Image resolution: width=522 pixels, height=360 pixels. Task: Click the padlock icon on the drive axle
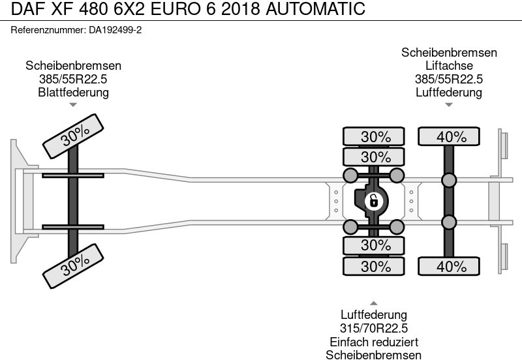(x=374, y=200)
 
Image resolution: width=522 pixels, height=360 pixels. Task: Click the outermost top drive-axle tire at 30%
(x=375, y=137)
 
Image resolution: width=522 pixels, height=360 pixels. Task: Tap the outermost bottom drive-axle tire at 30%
(x=375, y=266)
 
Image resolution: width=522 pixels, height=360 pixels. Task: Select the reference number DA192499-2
(x=115, y=30)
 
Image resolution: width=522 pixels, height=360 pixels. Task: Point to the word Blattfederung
(x=73, y=92)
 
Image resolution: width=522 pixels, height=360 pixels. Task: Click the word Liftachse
(x=449, y=66)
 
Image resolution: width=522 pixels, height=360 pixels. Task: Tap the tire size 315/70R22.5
(x=374, y=328)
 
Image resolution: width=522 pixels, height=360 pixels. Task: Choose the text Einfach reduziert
(x=374, y=342)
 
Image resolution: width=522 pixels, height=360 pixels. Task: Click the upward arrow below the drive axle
(x=374, y=303)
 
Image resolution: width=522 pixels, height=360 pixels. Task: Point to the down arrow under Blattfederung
(x=73, y=104)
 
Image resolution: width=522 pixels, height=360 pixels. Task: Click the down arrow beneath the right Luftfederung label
(x=449, y=104)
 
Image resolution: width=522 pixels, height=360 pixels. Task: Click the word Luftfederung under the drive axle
(x=374, y=315)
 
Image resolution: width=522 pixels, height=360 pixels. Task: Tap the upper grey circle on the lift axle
(x=449, y=181)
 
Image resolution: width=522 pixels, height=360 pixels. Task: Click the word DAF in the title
(x=25, y=10)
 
